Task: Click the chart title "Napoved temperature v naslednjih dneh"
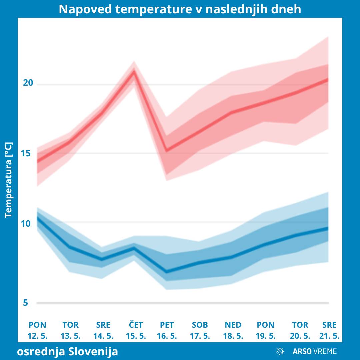[180, 9]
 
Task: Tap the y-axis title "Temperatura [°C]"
[9, 180]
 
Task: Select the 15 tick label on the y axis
[28, 153]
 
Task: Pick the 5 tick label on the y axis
[26, 303]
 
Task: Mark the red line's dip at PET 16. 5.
[167, 150]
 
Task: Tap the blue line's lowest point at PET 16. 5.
[167, 272]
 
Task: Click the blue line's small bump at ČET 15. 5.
[134, 248]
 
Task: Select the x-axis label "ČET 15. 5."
[136, 330]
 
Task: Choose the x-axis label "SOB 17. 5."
[200, 330]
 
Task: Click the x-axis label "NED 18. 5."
[233, 330]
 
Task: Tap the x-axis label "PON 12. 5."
[38, 330]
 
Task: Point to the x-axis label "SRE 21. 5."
[329, 330]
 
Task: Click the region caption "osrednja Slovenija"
[67, 351]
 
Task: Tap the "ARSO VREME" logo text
[315, 351]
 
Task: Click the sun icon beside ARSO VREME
[280, 351]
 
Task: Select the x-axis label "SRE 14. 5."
[103, 330]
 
